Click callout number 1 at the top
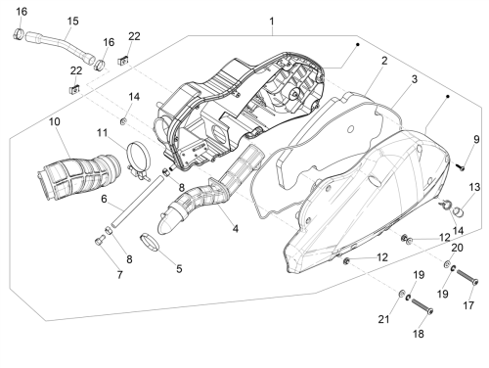tap(272, 22)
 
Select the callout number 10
tap(55, 122)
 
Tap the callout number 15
tap(73, 22)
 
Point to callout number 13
tap(474, 187)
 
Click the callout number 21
tap(383, 319)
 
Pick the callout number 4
tap(236, 229)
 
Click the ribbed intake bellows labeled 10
tap(79, 176)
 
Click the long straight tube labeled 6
tap(137, 202)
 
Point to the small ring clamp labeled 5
tap(150, 243)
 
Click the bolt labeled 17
tap(467, 277)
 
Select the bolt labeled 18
tap(422, 306)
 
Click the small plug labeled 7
tap(99, 242)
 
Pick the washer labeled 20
tap(447, 263)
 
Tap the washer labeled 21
tap(400, 293)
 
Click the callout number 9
tap(476, 140)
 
